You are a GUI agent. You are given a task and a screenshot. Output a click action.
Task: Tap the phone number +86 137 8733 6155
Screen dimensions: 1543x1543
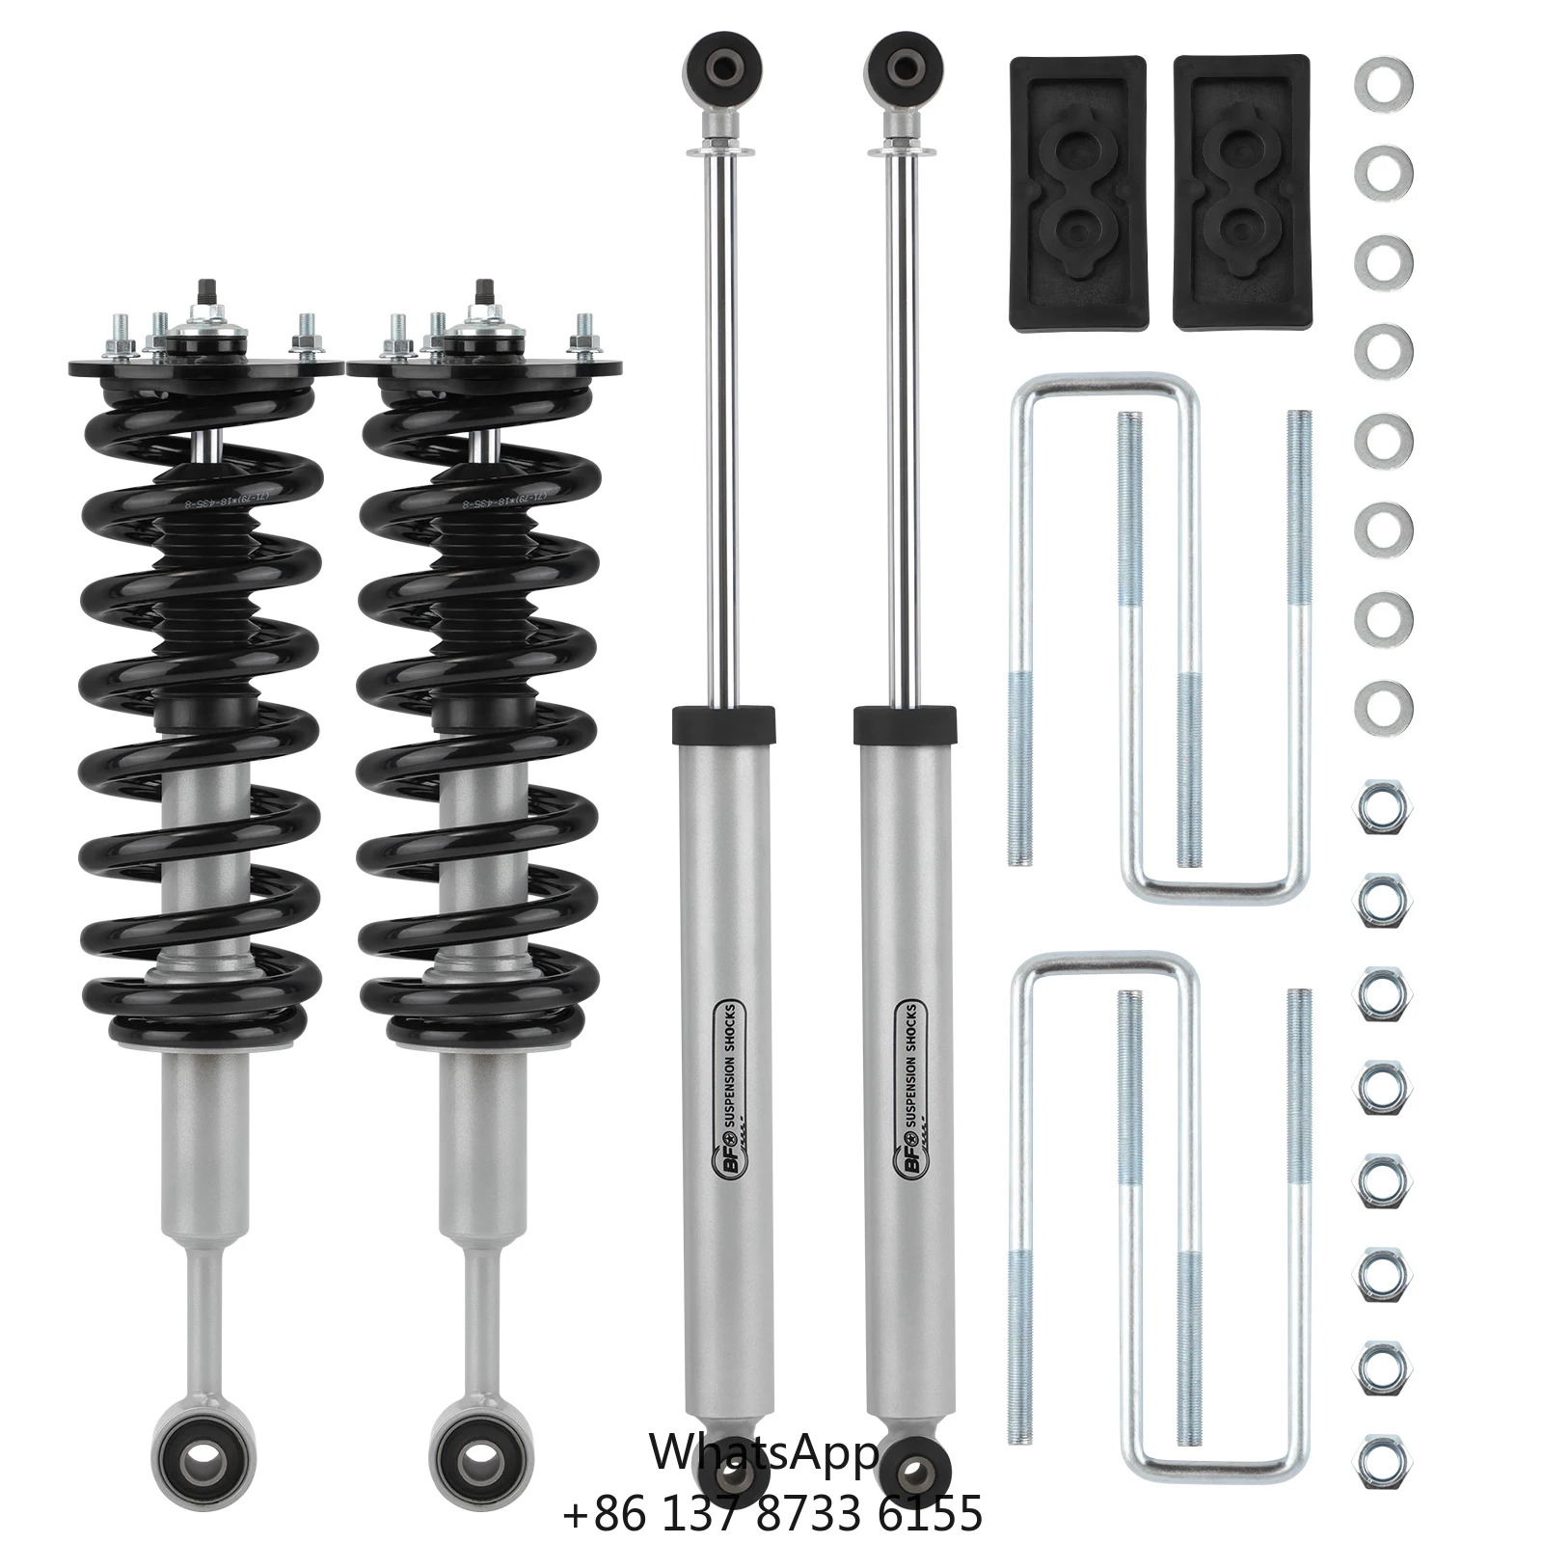coord(771,1511)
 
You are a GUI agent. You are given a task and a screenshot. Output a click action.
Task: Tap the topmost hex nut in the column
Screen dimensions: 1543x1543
coord(1384,807)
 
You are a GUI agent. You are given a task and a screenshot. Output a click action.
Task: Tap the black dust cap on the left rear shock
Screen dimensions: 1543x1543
coord(722,724)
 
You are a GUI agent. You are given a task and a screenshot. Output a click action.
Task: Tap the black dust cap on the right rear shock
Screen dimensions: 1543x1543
coord(905,724)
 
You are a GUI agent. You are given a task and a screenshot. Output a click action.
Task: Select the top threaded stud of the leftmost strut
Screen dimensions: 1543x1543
coord(206,288)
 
